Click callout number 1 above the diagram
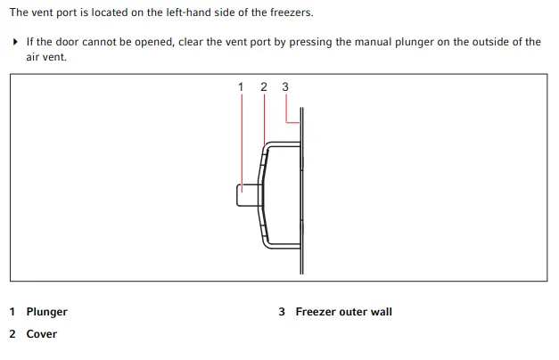(x=241, y=86)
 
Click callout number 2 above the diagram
(x=264, y=86)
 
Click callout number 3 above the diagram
(x=285, y=86)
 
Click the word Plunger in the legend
(x=46, y=312)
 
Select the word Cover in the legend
(x=41, y=334)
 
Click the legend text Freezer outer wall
(x=343, y=312)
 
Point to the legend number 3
(x=282, y=312)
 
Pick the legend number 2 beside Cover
(x=12, y=334)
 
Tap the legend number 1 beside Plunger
(x=12, y=312)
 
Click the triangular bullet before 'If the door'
(x=15, y=42)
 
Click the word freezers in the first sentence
(x=292, y=12)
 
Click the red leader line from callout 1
(x=242, y=143)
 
